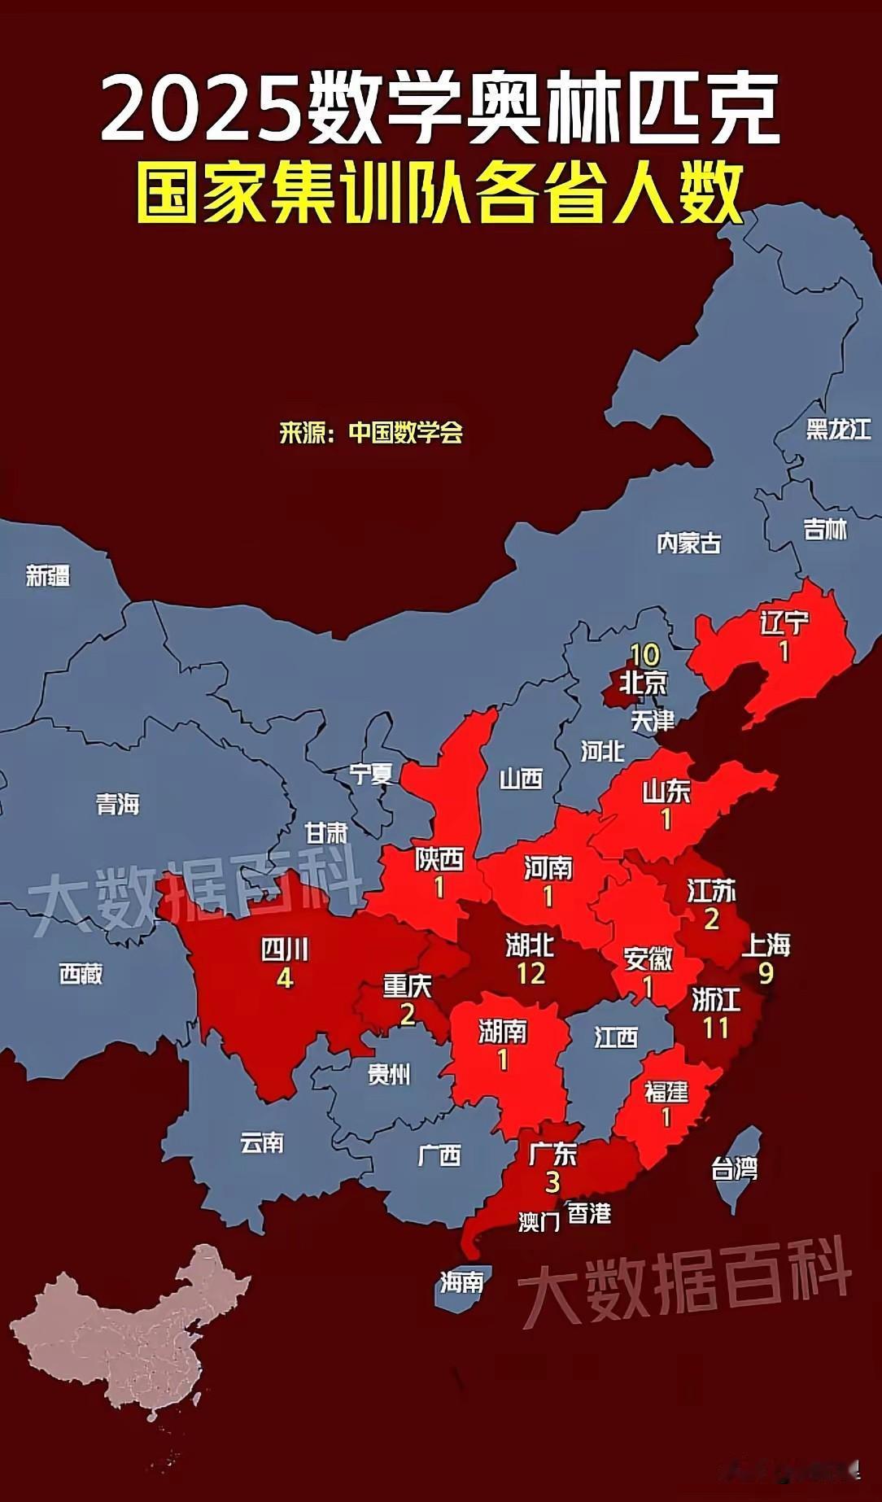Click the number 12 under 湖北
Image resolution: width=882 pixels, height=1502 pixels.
click(531, 973)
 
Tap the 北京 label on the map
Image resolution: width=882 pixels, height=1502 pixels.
click(643, 683)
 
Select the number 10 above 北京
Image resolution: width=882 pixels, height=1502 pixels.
click(644, 655)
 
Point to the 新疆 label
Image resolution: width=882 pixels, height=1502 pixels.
click(48, 576)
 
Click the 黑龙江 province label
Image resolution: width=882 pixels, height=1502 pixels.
click(838, 429)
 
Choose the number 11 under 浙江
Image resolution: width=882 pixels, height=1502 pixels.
click(715, 1028)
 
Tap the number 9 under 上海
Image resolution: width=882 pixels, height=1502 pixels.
click(766, 973)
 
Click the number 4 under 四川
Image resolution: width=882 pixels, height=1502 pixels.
click(284, 977)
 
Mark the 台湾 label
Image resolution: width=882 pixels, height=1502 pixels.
click(734, 1169)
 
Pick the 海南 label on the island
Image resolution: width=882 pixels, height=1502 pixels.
click(461, 1283)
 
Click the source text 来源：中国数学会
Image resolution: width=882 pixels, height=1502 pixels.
click(371, 432)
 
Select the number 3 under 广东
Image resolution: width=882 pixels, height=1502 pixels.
click(552, 1181)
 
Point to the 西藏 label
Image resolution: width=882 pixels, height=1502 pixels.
click(81, 973)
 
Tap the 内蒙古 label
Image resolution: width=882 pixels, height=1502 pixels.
click(688, 543)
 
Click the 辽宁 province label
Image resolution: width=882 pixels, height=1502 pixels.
click(784, 623)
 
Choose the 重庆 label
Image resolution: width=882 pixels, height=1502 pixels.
click(407, 986)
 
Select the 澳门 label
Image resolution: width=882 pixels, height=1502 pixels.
click(539, 1221)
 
